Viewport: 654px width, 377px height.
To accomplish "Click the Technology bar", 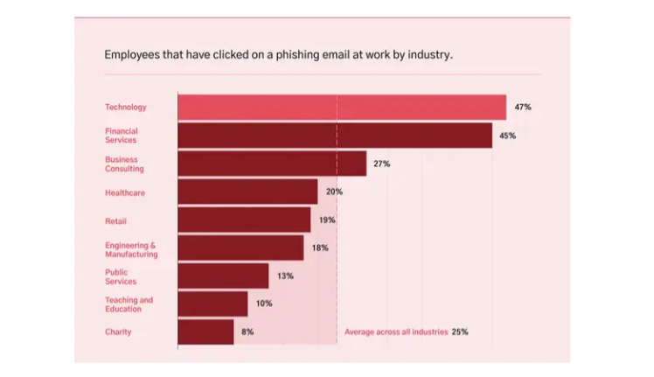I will tap(342, 107).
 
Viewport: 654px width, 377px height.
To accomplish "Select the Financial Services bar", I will tap(335, 136).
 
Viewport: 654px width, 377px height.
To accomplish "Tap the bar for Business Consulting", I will tap(272, 164).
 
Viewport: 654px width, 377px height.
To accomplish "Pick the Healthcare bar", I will tap(247, 192).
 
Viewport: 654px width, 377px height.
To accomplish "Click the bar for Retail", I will tap(244, 220).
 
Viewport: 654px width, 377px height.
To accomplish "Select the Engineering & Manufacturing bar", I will tap(240, 248).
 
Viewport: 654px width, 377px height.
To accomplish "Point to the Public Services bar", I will tap(223, 276).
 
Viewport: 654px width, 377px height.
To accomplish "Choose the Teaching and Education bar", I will tap(212, 304).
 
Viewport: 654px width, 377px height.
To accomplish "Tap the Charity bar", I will tap(205, 332).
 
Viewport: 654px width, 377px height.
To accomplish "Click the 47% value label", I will tap(523, 107).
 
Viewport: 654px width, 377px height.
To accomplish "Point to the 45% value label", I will tap(508, 136).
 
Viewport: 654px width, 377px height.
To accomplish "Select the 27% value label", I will tap(381, 164).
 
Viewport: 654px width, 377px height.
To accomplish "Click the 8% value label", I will tap(247, 332).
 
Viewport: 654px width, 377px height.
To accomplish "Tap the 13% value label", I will tap(284, 276).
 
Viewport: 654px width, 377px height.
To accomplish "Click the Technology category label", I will tap(126, 107).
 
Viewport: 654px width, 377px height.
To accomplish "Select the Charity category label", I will tap(118, 332).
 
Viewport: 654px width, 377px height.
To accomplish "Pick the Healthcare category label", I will tap(125, 192).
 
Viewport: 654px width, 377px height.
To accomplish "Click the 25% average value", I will tap(460, 332).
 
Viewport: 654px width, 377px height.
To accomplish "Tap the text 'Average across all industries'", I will tap(396, 332).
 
